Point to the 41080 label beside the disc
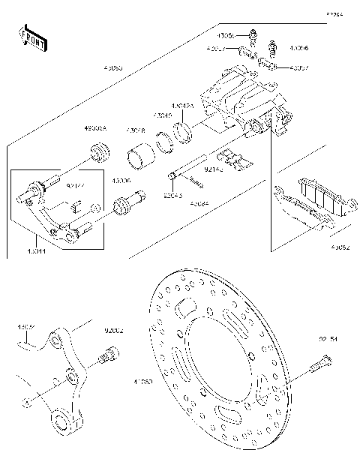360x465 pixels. coord(143,381)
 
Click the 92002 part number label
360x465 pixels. coord(114,330)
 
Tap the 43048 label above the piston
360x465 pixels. coord(135,129)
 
